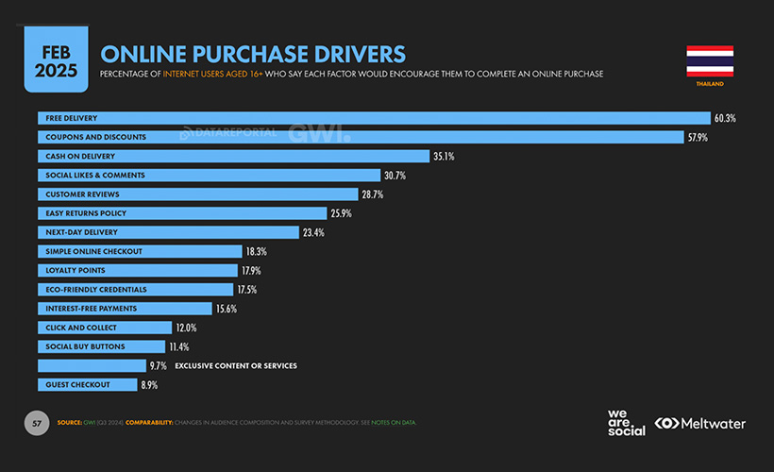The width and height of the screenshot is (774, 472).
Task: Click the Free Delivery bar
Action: pyautogui.click(x=374, y=118)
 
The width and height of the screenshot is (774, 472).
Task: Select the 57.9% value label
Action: pyautogui.click(x=698, y=137)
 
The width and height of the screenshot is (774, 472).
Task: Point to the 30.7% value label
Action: pyautogui.click(x=395, y=175)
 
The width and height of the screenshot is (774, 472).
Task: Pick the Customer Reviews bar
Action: pyautogui.click(x=198, y=194)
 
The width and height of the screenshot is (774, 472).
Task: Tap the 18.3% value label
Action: pyautogui.click(x=256, y=251)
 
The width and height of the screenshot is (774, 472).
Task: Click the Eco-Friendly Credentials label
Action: pyautogui.click(x=96, y=289)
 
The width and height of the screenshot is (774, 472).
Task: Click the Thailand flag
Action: pyautogui.click(x=710, y=61)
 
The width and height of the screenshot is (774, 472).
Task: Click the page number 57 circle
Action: pyautogui.click(x=37, y=423)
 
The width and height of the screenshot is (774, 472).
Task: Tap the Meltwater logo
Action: pyautogui.click(x=699, y=424)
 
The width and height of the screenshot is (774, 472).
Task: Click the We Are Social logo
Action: pyautogui.click(x=626, y=423)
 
